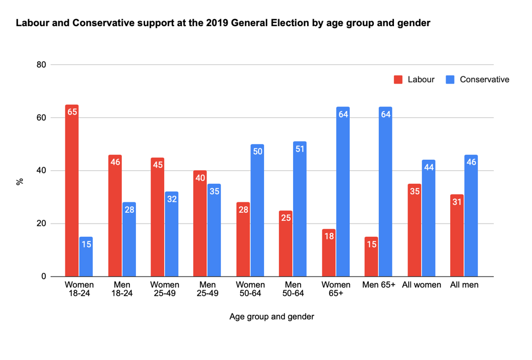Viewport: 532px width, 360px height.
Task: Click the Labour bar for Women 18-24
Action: tap(72, 190)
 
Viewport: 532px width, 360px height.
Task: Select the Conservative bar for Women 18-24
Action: tap(86, 256)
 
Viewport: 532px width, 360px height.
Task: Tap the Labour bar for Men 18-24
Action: tap(115, 215)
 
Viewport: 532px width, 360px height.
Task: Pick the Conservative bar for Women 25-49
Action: tap(172, 234)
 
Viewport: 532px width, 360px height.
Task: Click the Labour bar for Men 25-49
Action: tap(200, 224)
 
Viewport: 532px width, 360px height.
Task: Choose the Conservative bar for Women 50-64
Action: tap(258, 210)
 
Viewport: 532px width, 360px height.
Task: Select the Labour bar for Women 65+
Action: tap(329, 253)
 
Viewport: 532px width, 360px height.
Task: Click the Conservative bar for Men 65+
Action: tap(386, 191)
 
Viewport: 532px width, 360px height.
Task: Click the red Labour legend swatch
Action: tap(398, 80)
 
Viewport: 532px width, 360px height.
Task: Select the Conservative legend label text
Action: tap(485, 80)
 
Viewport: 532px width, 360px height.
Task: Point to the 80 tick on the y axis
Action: tap(40, 65)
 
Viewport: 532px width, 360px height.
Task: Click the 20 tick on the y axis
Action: tap(40, 224)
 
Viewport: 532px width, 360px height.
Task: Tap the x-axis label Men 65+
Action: tap(379, 285)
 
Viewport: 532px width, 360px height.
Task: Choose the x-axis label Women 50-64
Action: tap(250, 289)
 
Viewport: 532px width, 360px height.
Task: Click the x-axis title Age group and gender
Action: tap(272, 316)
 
